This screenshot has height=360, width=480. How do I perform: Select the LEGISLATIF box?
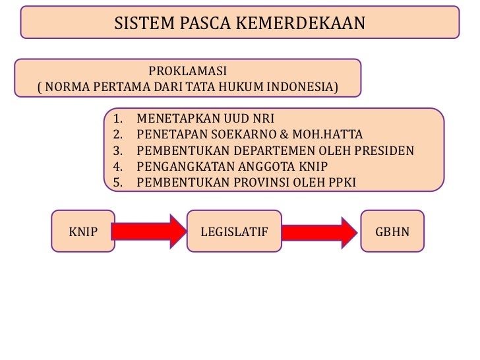[x=234, y=233]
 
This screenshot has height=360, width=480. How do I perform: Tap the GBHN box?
[x=392, y=233]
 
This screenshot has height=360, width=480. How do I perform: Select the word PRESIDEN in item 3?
[x=386, y=150]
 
